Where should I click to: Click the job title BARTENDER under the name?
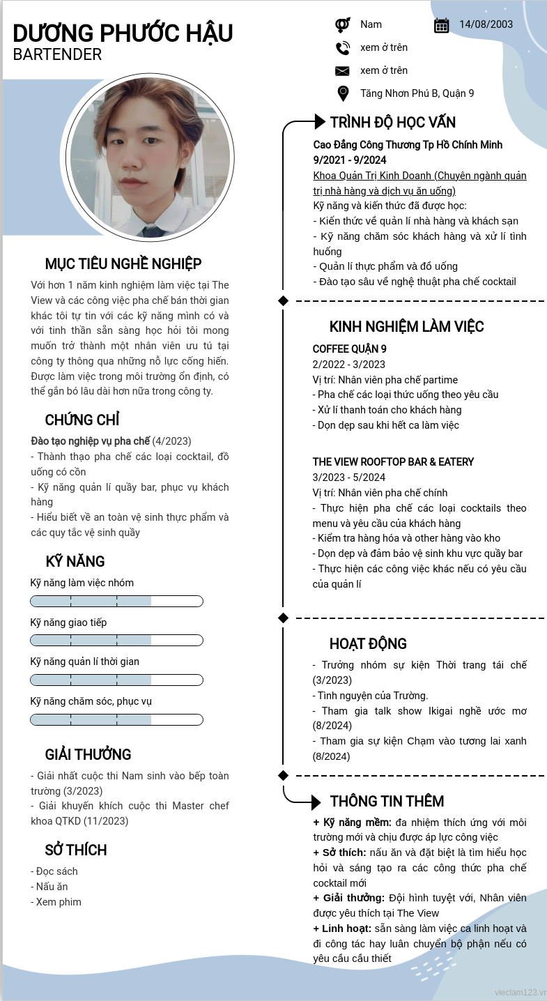[x=57, y=54]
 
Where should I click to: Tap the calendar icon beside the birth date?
[x=441, y=25]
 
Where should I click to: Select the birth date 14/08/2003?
[x=486, y=24]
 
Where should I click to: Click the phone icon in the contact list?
[x=342, y=48]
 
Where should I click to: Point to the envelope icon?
[x=342, y=71]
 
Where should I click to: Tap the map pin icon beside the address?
[x=342, y=93]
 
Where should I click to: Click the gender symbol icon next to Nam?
[x=342, y=25]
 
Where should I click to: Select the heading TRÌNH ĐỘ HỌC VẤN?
[x=392, y=123]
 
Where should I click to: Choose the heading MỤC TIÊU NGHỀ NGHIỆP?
[x=123, y=263]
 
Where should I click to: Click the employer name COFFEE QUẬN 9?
[x=349, y=349]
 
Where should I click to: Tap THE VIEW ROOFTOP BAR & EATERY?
[x=393, y=462]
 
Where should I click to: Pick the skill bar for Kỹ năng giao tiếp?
[x=116, y=641]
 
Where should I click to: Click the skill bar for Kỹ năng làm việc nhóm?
[x=116, y=601]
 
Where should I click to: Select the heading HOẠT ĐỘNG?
[x=368, y=644]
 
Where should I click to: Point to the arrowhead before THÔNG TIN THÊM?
[x=315, y=802]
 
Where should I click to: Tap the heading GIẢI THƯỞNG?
[x=88, y=755]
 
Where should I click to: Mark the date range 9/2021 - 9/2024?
[x=349, y=160]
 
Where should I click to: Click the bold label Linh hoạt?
[x=342, y=929]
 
